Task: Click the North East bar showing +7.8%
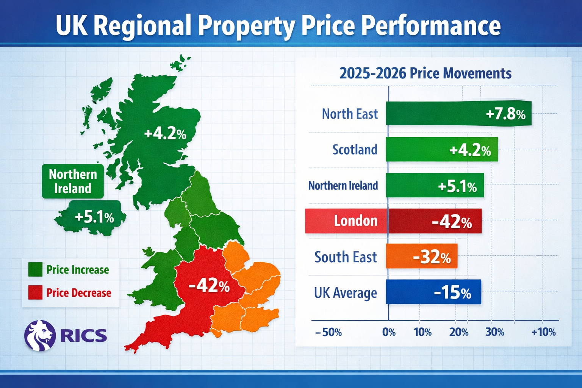tap(458, 113)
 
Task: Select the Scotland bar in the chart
tap(442, 149)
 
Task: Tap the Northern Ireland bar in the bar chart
tap(435, 185)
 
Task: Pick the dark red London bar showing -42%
tap(435, 221)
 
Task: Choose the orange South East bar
tap(421, 257)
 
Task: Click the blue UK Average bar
tap(433, 292)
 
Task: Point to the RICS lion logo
tap(40, 335)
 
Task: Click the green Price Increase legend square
tap(35, 269)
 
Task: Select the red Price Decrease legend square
tap(35, 293)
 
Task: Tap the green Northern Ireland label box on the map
tap(73, 181)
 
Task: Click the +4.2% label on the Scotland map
tap(165, 133)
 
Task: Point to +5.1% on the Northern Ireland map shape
tap(94, 217)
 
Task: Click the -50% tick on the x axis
tap(329, 332)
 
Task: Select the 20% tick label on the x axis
tap(458, 332)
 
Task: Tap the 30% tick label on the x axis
tap(494, 332)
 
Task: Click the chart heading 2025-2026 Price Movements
tap(425, 73)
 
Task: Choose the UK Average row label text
tap(345, 293)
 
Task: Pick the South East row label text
tap(346, 257)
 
